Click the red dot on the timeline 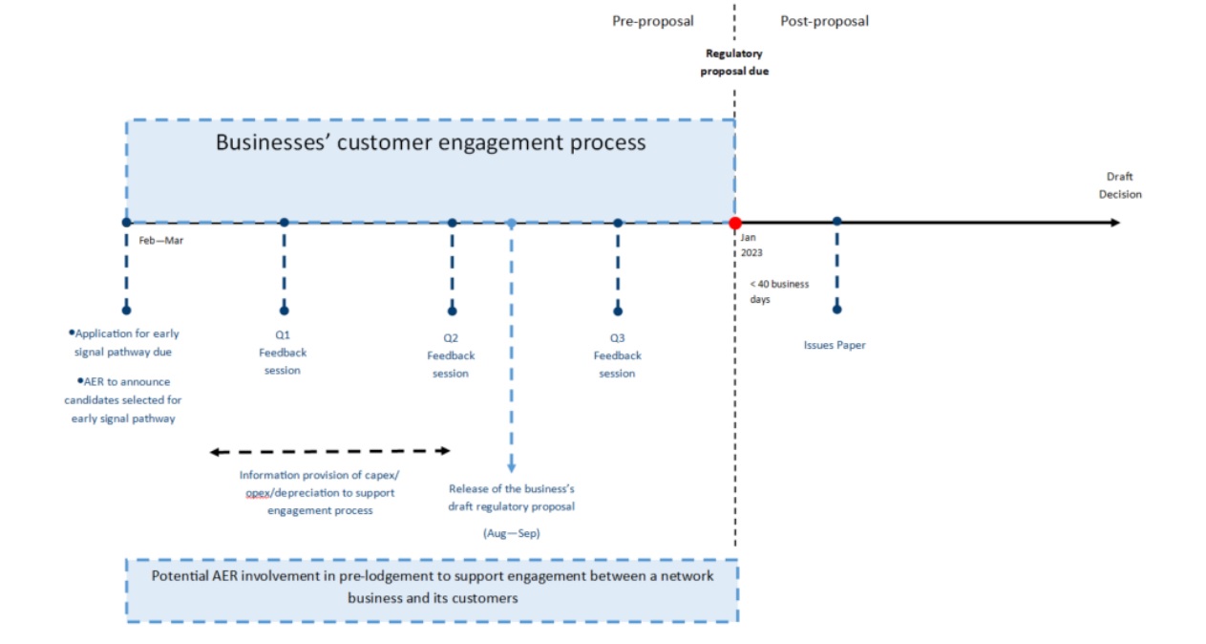point(734,223)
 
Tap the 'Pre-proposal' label point(652,21)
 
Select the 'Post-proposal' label point(824,21)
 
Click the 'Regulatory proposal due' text point(734,63)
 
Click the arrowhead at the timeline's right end point(1114,223)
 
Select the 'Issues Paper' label point(835,345)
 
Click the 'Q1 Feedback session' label point(283,353)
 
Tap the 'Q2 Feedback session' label point(451,355)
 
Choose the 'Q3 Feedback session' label point(618,355)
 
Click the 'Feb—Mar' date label point(160,241)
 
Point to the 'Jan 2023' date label point(751,245)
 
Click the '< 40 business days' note point(778,291)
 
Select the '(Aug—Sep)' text point(511,533)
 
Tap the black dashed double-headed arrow point(329,451)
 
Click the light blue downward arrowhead point(511,467)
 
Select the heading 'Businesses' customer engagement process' point(431,143)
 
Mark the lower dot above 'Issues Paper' point(836,309)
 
